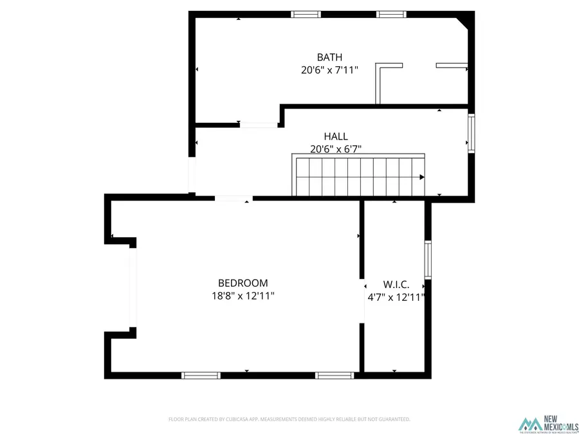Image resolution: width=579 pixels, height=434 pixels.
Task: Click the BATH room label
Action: click(x=329, y=57)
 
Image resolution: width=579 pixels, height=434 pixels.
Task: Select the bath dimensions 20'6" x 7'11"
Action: click(x=329, y=70)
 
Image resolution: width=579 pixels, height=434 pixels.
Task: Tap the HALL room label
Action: click(x=336, y=136)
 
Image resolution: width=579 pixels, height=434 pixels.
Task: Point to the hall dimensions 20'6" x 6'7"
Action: click(x=336, y=149)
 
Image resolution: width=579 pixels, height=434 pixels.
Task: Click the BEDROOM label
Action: click(x=243, y=283)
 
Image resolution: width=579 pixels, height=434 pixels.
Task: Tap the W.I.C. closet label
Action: click(x=396, y=284)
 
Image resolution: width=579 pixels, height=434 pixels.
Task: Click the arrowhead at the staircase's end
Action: click(x=422, y=177)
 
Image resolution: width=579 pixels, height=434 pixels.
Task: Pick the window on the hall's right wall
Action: click(x=472, y=133)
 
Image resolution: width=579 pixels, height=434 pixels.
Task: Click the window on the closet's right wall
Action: click(x=427, y=260)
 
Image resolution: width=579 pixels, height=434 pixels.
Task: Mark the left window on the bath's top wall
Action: click(x=306, y=14)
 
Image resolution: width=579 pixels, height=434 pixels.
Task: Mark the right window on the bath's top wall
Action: click(x=391, y=14)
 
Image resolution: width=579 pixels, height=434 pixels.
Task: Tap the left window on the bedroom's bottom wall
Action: click(x=201, y=375)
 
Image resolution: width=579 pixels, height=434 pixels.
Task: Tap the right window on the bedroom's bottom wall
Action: click(x=335, y=375)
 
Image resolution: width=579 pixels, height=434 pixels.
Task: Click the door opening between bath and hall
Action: click(x=259, y=125)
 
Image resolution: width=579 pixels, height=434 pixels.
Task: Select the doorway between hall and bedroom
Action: click(x=234, y=197)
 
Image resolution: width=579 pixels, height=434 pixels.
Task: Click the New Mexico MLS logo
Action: click(x=549, y=424)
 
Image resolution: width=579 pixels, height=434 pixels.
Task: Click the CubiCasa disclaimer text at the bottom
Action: click(x=289, y=419)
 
